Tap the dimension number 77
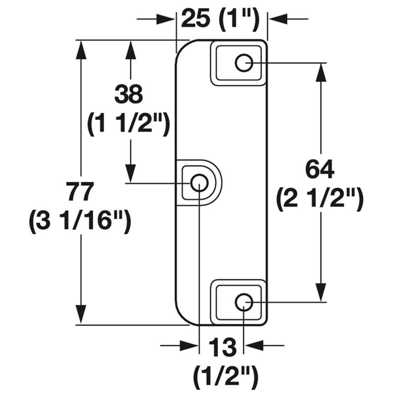(x=80, y=192)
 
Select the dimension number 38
(x=129, y=94)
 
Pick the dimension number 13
(x=223, y=347)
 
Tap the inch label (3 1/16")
(x=80, y=221)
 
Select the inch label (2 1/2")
(x=320, y=198)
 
